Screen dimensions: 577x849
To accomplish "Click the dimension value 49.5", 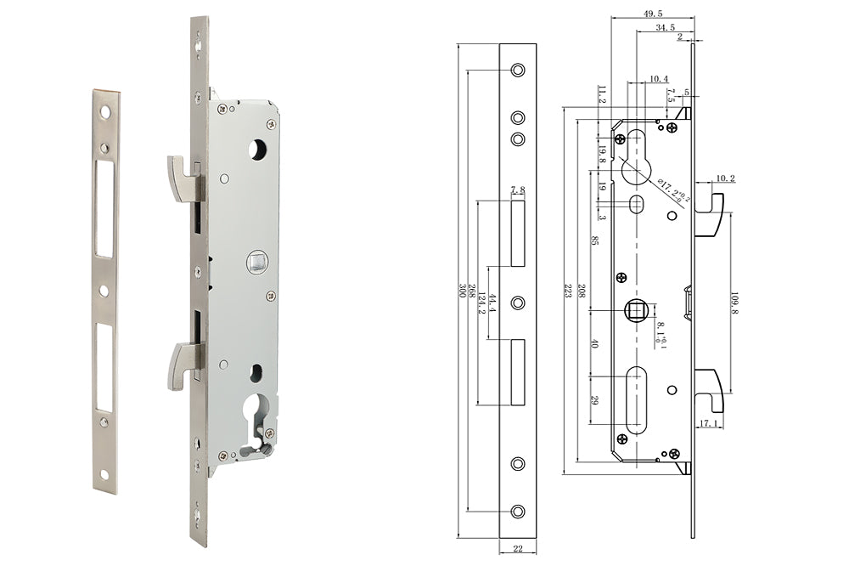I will click(x=652, y=13).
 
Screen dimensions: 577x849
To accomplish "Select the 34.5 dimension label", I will click(x=665, y=28).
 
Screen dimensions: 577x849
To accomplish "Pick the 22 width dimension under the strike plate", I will click(x=518, y=549).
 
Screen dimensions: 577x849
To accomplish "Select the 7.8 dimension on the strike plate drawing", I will click(x=518, y=191).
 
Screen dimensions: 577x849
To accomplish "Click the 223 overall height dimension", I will click(x=568, y=289).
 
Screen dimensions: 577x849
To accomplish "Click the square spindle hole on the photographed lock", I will click(x=256, y=263).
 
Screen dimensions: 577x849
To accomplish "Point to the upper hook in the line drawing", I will click(x=710, y=216).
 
